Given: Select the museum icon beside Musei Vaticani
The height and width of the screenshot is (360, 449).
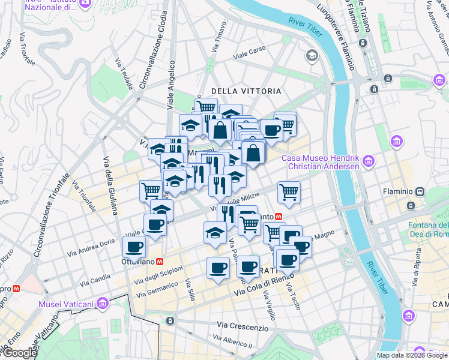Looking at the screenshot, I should point(103,304).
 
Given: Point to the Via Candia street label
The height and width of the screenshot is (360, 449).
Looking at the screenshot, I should point(93,279).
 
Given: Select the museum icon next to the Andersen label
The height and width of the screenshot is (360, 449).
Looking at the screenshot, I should point(369,161).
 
